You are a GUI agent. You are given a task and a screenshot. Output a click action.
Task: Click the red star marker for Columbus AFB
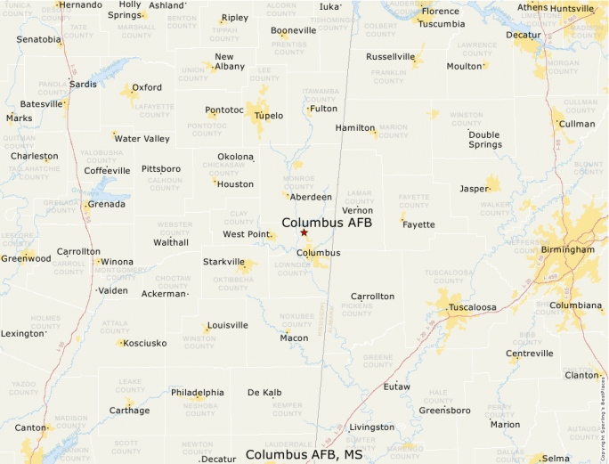[x=304, y=232]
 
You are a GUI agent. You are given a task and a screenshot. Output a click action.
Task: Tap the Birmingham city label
[x=566, y=250]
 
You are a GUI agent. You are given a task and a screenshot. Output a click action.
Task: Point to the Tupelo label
[x=269, y=116]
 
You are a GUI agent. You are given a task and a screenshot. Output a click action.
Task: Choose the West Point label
[x=246, y=234]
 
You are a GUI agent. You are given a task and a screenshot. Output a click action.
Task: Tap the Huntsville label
[x=572, y=8]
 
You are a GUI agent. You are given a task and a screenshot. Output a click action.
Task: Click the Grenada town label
[x=108, y=204]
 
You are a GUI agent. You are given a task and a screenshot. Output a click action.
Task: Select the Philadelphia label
[x=198, y=392]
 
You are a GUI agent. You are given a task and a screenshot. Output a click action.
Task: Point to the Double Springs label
[x=485, y=139]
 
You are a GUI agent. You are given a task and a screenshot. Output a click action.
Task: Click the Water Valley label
[x=142, y=138]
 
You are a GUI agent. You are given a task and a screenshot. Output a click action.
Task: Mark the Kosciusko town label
[x=145, y=343]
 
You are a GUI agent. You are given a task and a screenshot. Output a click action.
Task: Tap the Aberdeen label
[x=311, y=197]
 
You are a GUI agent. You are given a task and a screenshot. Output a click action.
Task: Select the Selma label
[x=556, y=458]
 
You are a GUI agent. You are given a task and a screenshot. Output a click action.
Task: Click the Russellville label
[x=390, y=57]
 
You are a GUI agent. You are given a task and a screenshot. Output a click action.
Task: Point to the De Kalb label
[x=264, y=392]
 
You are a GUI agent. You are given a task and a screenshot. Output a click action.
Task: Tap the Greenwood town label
[x=25, y=258]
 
